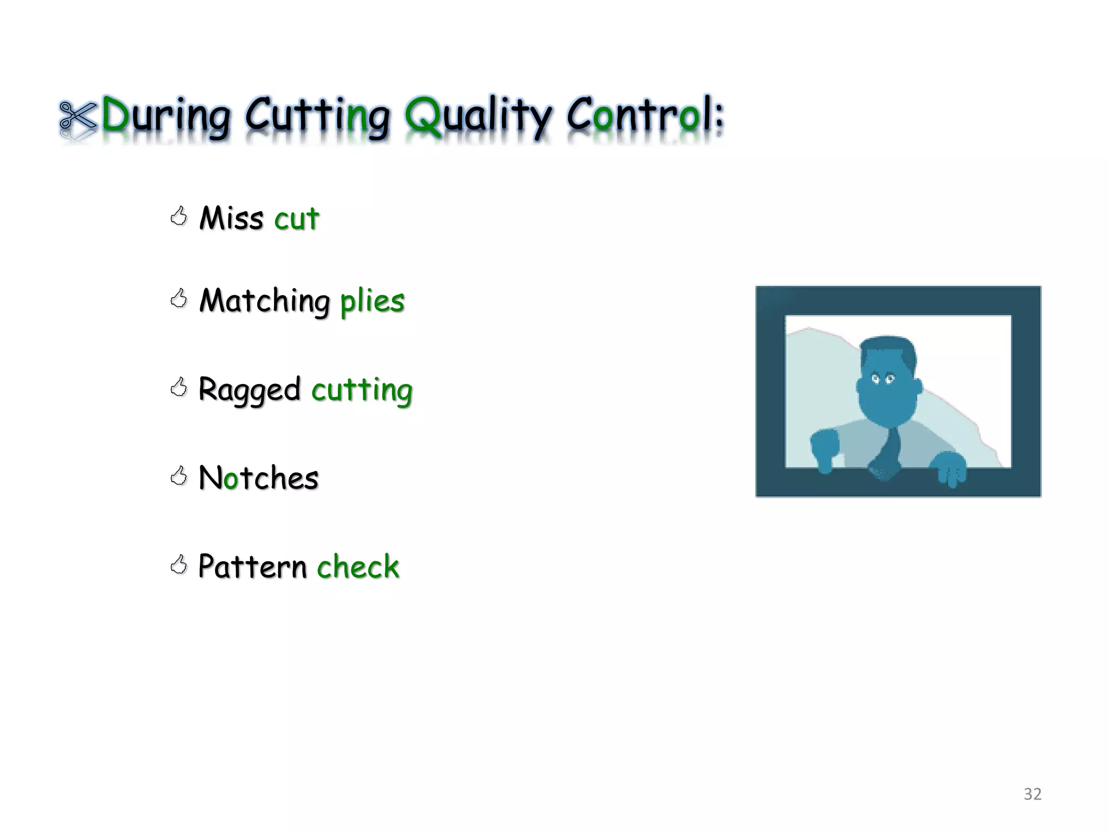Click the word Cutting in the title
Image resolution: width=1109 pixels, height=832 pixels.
click(x=317, y=115)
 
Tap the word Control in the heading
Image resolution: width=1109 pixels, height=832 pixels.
click(x=644, y=115)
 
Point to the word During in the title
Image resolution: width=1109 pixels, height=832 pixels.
click(x=166, y=115)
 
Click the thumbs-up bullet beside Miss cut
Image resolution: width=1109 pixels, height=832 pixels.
click(x=178, y=216)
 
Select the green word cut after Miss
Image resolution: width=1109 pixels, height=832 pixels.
click(x=296, y=219)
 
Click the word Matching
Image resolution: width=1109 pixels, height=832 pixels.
click(x=264, y=301)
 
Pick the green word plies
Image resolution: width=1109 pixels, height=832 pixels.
click(x=372, y=301)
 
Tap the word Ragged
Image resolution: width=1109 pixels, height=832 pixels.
click(x=249, y=390)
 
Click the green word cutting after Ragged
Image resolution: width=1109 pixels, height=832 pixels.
click(x=362, y=390)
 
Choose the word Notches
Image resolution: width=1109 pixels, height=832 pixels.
click(x=258, y=478)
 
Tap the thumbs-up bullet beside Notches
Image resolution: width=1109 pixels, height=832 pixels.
click(x=178, y=476)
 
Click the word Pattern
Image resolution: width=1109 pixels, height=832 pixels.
click(x=252, y=567)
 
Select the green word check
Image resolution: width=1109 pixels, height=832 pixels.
click(x=358, y=567)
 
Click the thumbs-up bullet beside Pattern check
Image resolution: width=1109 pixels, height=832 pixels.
click(x=178, y=565)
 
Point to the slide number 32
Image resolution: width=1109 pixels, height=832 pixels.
click(x=1032, y=794)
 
